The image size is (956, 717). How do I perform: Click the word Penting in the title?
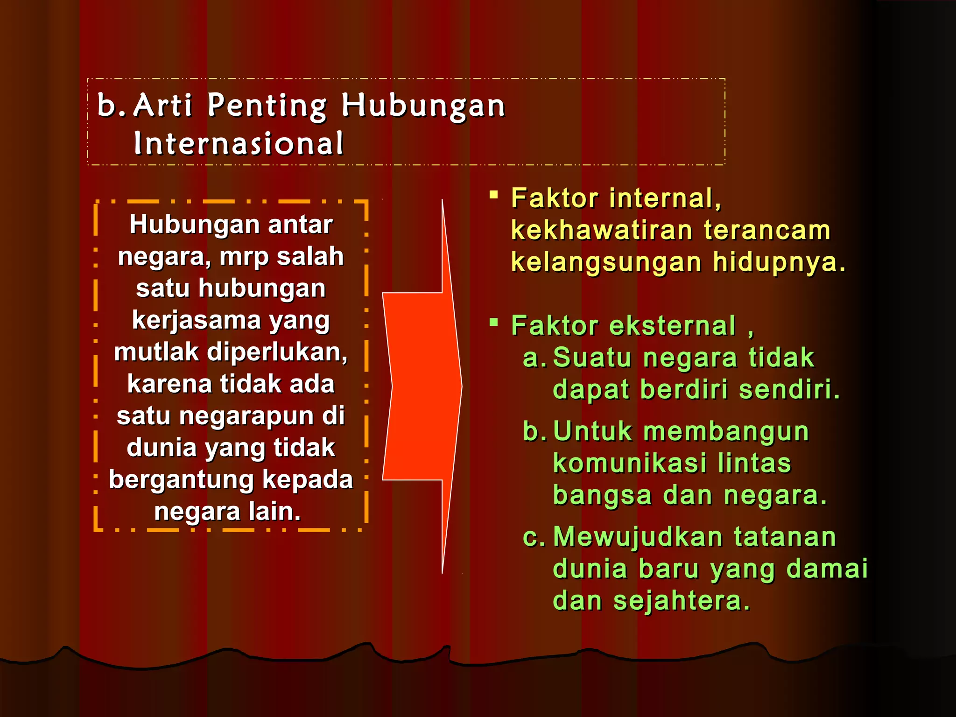[x=267, y=105]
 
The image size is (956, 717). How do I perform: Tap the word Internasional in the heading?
[x=239, y=143]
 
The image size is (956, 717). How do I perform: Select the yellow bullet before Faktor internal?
[x=493, y=195]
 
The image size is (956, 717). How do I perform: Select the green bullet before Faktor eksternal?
[x=493, y=322]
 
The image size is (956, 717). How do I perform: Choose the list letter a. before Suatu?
[x=534, y=358]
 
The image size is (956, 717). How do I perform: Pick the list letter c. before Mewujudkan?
[x=534, y=537]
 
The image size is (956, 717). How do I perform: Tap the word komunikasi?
[x=630, y=464]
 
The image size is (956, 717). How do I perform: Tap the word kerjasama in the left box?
[x=197, y=321]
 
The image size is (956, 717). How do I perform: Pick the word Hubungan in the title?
[x=423, y=105]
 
